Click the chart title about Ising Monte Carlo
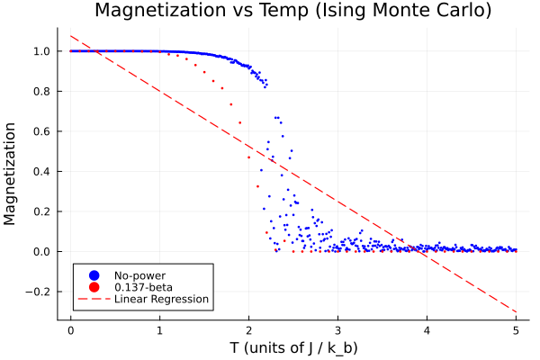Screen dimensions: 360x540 tap(293, 12)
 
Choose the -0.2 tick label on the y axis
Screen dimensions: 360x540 tap(41, 292)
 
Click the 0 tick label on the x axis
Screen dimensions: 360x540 tap(70, 329)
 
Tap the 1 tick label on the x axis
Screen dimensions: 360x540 tap(159, 329)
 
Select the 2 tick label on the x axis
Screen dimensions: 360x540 tap(248, 329)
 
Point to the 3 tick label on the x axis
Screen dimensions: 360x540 tap(337, 329)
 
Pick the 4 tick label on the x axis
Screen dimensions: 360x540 tap(427, 329)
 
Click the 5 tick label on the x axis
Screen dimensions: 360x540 tap(516, 329)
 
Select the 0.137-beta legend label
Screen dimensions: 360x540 tap(138, 287)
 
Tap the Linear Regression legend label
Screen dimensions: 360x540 tap(161, 299)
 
